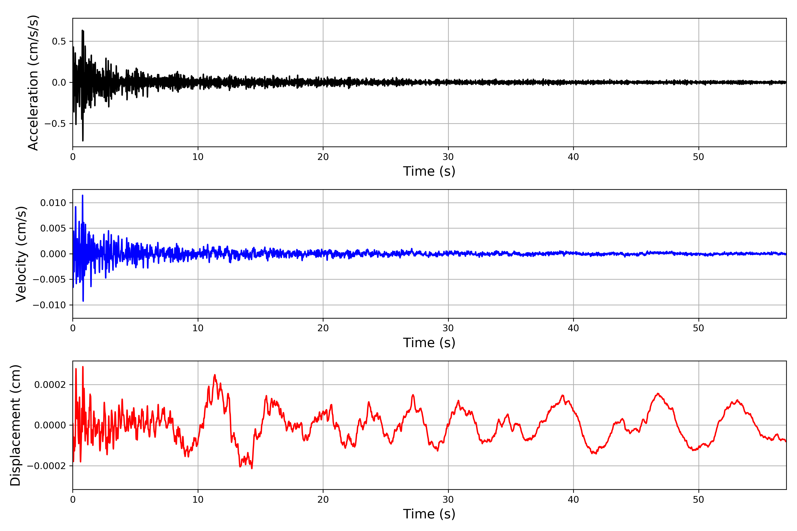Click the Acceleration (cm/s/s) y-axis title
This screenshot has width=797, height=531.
(x=33, y=82)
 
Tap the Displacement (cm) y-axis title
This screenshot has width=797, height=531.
(x=15, y=425)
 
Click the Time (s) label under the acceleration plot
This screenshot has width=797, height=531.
(x=429, y=171)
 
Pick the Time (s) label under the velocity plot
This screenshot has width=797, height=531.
(x=429, y=343)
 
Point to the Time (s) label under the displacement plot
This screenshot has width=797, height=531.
(x=429, y=514)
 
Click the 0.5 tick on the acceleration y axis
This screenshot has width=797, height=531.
(x=59, y=41)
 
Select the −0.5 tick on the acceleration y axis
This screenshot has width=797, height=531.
(x=55, y=124)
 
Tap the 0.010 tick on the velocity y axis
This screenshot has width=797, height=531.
(x=53, y=203)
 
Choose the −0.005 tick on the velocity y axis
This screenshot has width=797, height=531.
(x=49, y=279)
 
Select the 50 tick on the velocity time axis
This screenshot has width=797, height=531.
(x=698, y=328)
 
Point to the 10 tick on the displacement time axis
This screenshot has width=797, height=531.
(x=198, y=500)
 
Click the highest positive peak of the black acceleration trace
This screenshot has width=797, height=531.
(x=82, y=31)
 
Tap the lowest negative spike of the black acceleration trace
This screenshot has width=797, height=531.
(x=83, y=140)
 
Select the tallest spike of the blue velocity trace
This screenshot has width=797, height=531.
(x=82, y=195)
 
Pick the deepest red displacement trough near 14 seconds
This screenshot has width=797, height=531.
(x=252, y=468)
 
